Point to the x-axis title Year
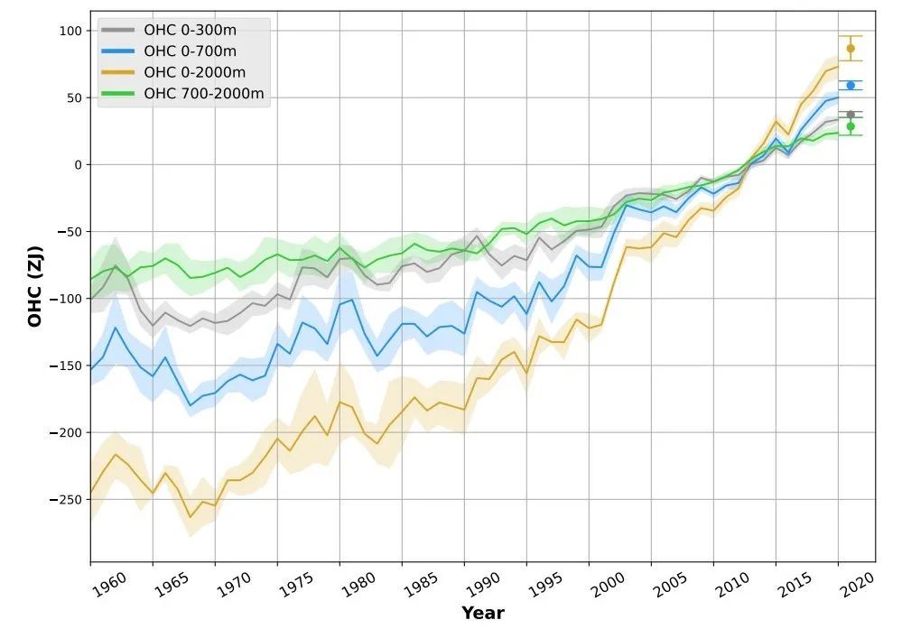(x=482, y=613)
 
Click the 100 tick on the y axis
(x=70, y=31)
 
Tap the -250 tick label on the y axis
(x=66, y=499)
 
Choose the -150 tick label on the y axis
(x=66, y=365)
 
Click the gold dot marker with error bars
(x=850, y=48)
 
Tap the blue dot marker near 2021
(x=850, y=85)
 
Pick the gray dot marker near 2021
(x=850, y=115)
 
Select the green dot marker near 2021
(x=850, y=126)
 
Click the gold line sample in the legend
(x=118, y=72)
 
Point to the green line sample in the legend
(x=118, y=94)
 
